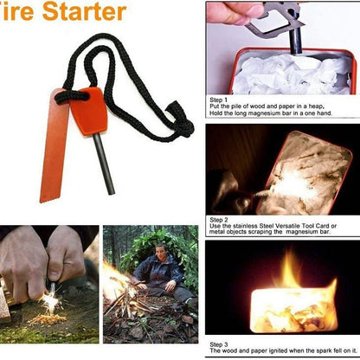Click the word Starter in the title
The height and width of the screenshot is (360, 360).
coord(87,12)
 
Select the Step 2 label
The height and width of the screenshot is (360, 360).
coord(221,220)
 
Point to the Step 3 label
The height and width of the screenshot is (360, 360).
coord(221,344)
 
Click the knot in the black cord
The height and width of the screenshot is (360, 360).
coord(182,124)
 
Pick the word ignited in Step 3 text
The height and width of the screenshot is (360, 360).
coord(269,350)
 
